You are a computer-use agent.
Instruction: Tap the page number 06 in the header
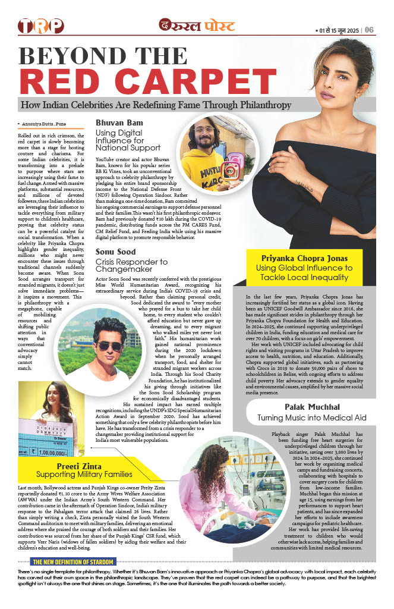pyautogui.click(x=369, y=30)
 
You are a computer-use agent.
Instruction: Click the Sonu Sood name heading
pyautogui.click(x=115, y=252)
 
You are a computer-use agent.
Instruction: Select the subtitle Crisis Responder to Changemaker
pyautogui.click(x=131, y=266)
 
